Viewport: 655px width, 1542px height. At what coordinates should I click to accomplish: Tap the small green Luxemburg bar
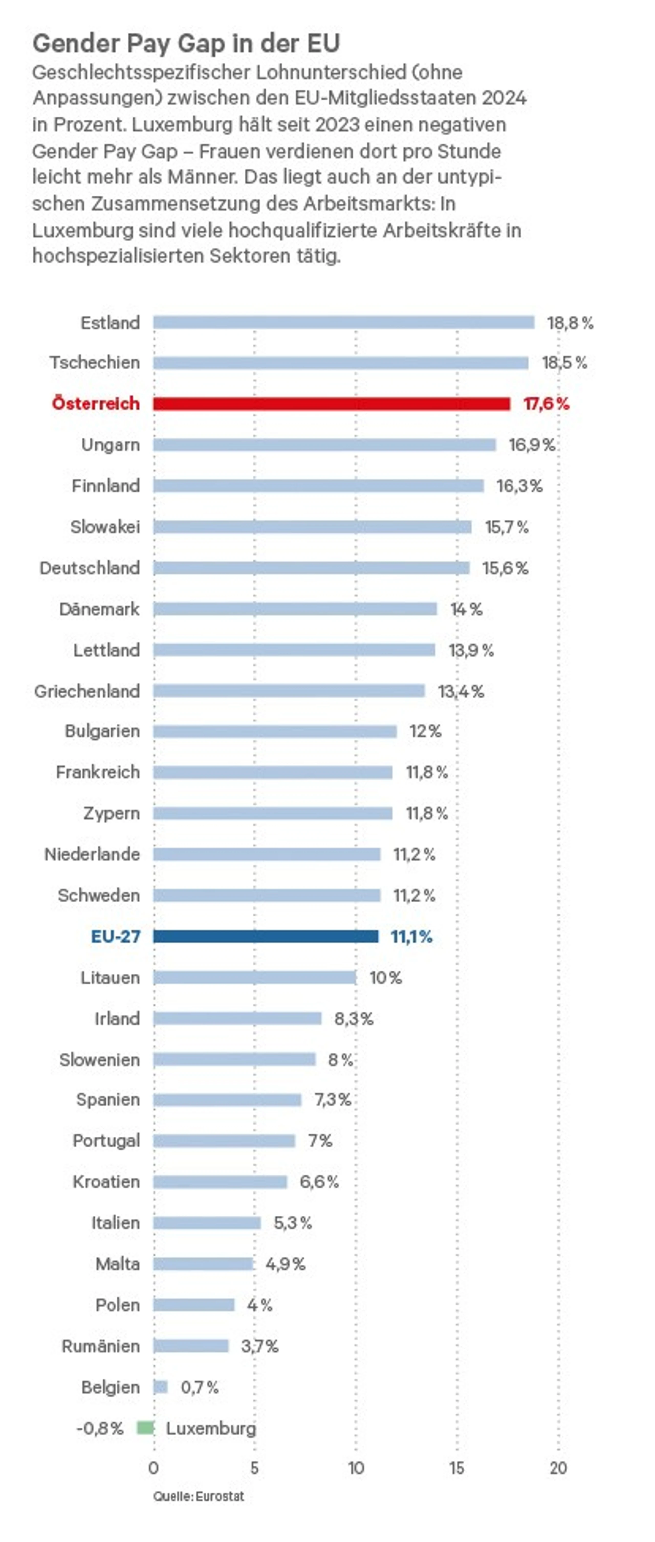click(146, 1428)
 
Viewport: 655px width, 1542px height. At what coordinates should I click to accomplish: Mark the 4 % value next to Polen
click(260, 1305)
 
